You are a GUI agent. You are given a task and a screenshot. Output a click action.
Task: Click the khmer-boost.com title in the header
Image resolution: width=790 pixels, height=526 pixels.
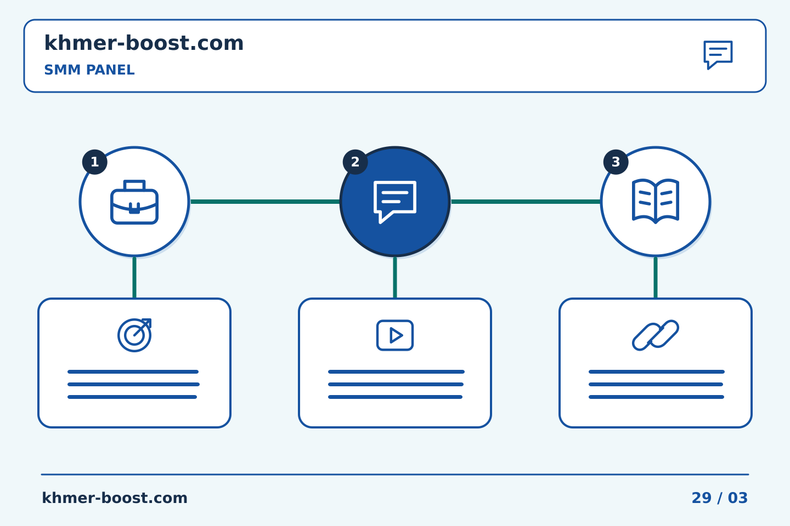(144, 43)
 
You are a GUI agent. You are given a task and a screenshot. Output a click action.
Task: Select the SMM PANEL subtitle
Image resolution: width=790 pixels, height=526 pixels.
(89, 70)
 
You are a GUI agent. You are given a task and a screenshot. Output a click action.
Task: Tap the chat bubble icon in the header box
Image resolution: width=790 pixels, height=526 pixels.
(718, 55)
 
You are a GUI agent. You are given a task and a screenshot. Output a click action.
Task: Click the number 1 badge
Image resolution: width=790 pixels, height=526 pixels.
(94, 162)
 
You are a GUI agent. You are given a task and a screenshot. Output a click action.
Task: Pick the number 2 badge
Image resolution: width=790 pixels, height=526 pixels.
(355, 162)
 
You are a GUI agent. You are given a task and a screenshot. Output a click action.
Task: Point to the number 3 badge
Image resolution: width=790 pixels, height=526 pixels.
(616, 162)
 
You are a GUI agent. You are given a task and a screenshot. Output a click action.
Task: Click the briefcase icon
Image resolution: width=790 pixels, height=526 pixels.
(134, 202)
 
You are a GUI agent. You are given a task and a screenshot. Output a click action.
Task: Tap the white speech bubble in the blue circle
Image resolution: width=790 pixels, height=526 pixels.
(395, 202)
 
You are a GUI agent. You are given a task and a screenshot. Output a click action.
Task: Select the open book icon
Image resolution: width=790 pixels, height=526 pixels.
(656, 201)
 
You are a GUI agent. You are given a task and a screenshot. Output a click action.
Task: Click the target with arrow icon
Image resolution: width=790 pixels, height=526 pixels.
(134, 335)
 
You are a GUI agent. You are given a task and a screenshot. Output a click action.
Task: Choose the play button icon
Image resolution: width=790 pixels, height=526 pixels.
(395, 335)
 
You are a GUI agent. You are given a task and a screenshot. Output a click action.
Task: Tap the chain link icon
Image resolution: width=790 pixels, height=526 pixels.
(656, 335)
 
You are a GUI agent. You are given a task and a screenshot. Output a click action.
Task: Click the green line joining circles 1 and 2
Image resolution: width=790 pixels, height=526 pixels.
(265, 202)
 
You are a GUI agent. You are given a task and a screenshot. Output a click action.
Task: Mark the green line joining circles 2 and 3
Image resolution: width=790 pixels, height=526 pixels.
(526, 202)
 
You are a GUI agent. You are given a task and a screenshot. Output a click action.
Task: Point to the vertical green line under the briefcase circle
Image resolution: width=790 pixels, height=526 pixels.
(134, 278)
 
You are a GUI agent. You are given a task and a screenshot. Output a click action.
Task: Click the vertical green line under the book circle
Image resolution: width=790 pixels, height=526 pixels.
(656, 278)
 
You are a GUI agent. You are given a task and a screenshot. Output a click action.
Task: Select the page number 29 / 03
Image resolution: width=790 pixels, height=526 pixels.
(719, 498)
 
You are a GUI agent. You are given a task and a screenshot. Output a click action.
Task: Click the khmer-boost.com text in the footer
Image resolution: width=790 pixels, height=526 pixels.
(115, 498)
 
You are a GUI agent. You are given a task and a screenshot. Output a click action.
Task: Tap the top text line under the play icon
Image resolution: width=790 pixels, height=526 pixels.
(397, 371)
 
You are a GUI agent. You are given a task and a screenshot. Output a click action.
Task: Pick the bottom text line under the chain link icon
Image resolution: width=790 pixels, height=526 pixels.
(656, 397)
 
